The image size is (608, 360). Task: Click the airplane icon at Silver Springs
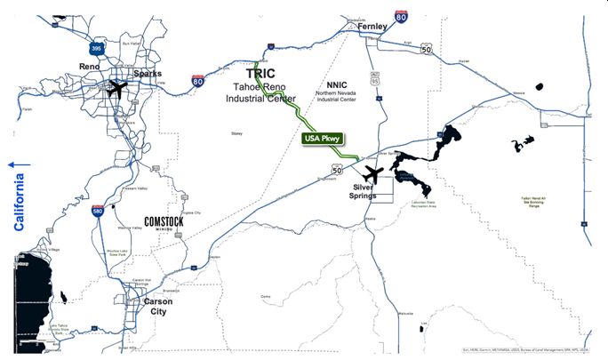pos(375,173)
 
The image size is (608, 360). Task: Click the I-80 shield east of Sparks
pos(197,81)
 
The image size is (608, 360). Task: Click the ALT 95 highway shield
pos(375,80)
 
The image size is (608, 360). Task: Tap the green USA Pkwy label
pos(324,140)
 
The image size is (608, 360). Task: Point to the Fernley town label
pos(372,28)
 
